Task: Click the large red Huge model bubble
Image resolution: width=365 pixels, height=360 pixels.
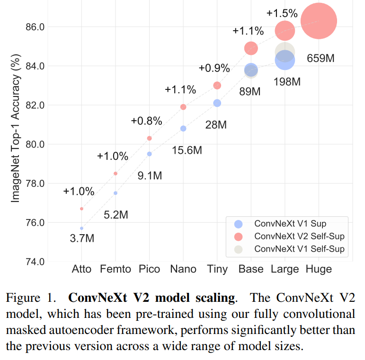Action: click(319, 21)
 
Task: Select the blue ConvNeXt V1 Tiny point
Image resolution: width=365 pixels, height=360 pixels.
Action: click(217, 103)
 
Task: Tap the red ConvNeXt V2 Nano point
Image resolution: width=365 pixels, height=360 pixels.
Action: click(183, 107)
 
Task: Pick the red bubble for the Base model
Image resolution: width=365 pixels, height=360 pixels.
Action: click(251, 48)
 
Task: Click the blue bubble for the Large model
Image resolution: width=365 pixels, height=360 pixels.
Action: click(285, 60)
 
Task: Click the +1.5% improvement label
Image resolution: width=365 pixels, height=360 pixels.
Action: click(283, 13)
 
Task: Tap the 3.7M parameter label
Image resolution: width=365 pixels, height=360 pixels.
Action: click(81, 238)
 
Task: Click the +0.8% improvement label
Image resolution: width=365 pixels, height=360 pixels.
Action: click(146, 120)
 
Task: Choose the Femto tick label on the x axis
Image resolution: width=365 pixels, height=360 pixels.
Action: click(116, 269)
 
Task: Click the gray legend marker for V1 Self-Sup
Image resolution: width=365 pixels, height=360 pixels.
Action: click(239, 249)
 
